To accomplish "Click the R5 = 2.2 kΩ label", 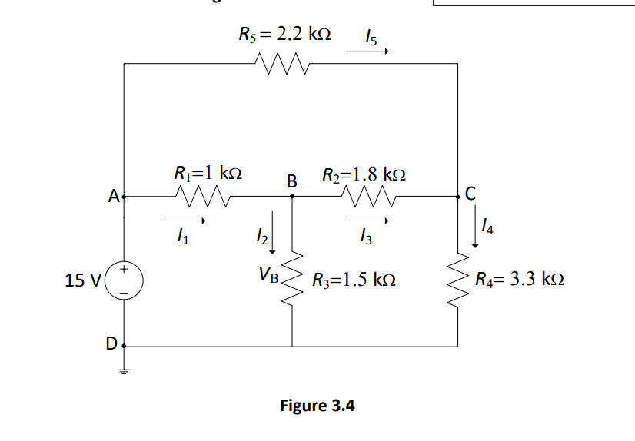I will (285, 34).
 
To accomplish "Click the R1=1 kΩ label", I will (208, 172).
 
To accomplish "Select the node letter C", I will (470, 194).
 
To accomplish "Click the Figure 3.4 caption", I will (317, 405).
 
